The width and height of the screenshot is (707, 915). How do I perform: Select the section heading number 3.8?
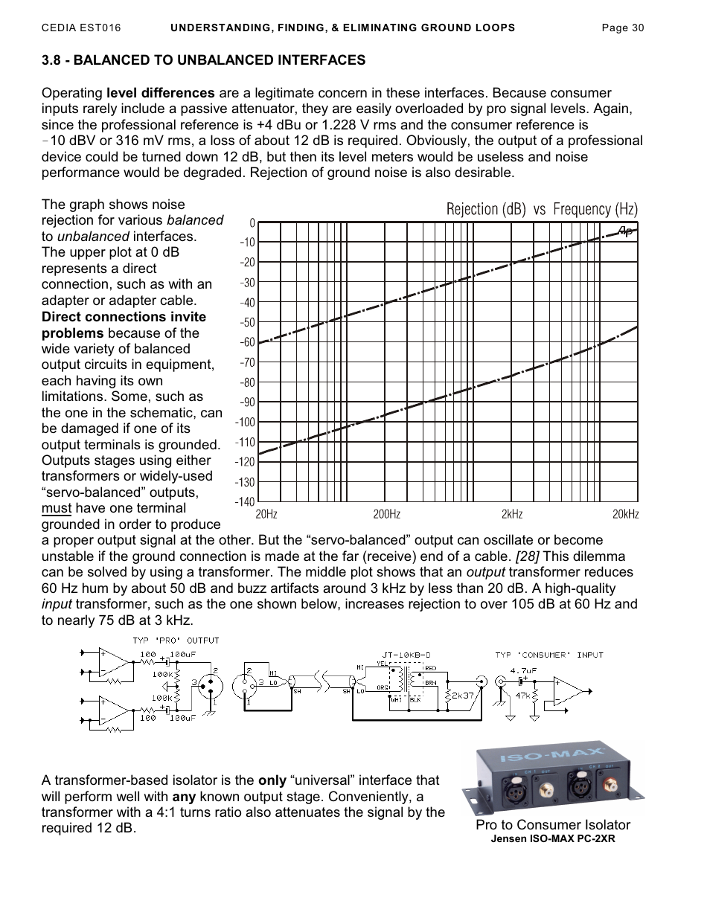click(x=52, y=60)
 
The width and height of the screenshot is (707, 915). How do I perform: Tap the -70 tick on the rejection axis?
click(x=246, y=362)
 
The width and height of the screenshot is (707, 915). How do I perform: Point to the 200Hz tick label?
click(x=386, y=514)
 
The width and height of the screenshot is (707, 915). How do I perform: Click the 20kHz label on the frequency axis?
click(x=624, y=514)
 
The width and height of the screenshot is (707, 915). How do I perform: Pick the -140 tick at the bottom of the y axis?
click(x=245, y=502)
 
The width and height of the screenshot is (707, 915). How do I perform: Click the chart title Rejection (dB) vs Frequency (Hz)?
click(x=542, y=209)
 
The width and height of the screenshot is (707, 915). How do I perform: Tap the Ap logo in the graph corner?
click(x=626, y=232)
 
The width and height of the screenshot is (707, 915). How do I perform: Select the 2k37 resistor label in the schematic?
click(x=463, y=696)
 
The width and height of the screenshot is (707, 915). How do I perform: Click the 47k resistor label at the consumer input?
click(x=522, y=696)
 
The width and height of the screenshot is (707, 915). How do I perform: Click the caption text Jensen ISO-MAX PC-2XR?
click(x=553, y=838)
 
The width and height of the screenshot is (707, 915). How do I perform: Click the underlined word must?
click(x=57, y=508)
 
